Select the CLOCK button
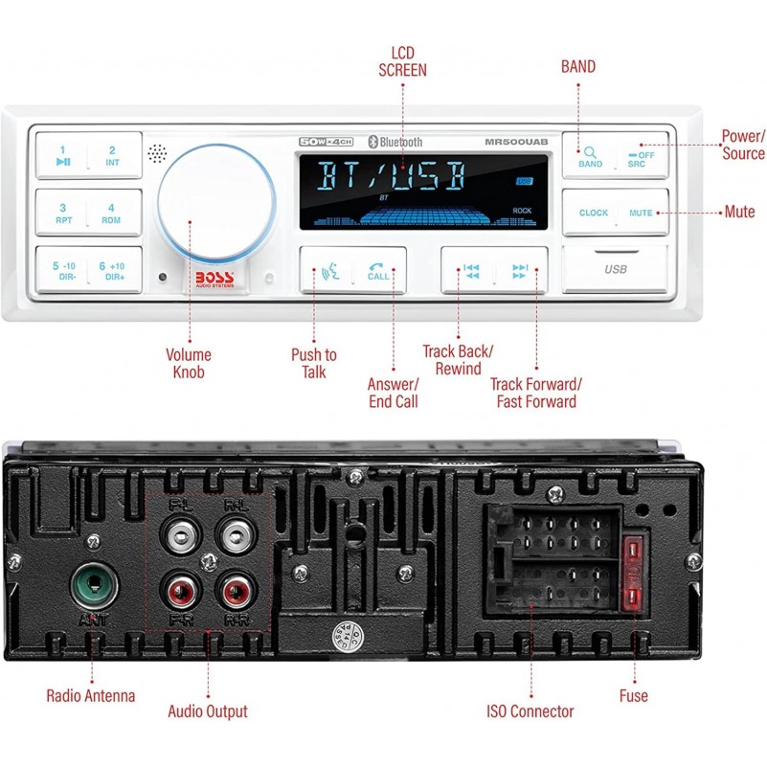(593, 213)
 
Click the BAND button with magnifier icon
(590, 156)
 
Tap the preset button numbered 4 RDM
(112, 213)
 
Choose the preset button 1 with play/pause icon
(62, 155)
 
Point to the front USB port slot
(615, 269)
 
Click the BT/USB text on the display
(392, 177)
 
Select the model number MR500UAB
(516, 142)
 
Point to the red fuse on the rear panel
(634, 575)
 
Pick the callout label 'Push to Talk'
(314, 364)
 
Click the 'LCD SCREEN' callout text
(402, 61)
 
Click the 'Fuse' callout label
(633, 696)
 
